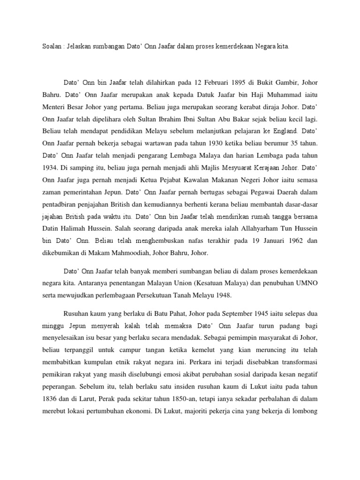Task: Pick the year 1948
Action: coord(230,296)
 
